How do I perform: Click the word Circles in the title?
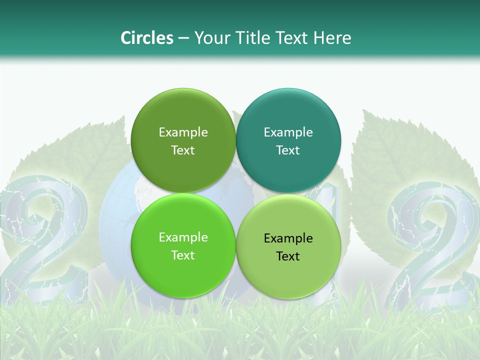(x=146, y=38)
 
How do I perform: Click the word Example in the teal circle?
(x=288, y=132)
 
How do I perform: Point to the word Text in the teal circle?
(x=288, y=150)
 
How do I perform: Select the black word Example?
(x=288, y=238)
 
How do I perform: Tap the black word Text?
(x=288, y=256)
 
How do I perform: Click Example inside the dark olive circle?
(x=183, y=132)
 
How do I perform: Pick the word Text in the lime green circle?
(x=183, y=255)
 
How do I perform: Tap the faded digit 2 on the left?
(x=42, y=240)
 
